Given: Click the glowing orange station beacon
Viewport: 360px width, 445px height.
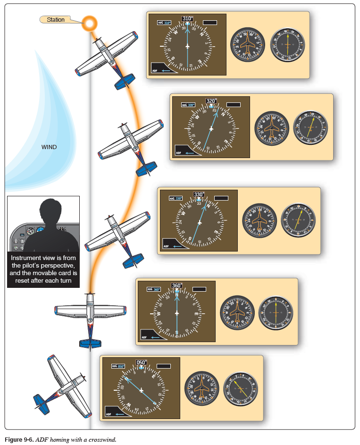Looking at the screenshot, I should coord(90,22).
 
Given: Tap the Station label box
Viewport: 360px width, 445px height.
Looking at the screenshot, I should coord(56,20).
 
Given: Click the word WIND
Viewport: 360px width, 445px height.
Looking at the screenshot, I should coord(49,147).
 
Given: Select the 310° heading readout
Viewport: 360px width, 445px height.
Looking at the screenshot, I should coord(187,19).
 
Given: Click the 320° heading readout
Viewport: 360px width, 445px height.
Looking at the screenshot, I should coord(211,101).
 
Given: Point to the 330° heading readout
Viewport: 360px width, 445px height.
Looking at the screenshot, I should coord(199,194).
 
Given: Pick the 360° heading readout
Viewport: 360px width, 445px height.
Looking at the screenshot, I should coord(177,285).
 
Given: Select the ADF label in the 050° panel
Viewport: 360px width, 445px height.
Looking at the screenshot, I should coord(109,414).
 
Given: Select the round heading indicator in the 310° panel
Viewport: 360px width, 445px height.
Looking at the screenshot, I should coord(247,46).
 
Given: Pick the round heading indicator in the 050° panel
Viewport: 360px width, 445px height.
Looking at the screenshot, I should coord(202,389).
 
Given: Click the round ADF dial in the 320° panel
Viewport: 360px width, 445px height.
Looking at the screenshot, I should coord(310,128).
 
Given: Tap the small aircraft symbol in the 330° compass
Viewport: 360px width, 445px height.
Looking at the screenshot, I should coord(200,222).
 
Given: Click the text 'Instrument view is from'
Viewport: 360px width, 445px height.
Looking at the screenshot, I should coord(43,258).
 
